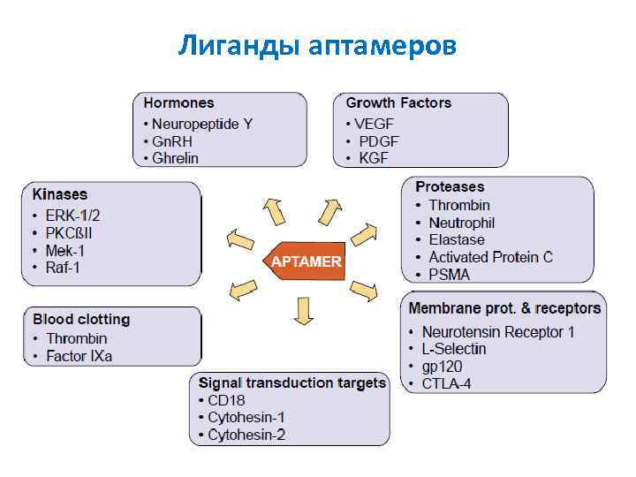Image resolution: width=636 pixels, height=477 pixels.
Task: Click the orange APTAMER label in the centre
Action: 306,262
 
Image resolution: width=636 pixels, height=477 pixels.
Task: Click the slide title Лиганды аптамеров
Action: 317,44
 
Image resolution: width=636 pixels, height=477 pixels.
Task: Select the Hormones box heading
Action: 179,103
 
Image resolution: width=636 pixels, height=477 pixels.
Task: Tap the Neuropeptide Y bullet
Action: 201,124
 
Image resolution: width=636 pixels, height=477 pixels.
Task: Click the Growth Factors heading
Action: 398,103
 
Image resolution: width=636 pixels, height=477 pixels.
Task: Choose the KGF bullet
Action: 373,158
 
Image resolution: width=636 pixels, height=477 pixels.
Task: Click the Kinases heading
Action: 60,194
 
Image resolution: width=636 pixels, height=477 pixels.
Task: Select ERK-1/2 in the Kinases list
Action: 74,216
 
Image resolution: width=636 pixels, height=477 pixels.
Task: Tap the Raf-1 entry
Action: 63,267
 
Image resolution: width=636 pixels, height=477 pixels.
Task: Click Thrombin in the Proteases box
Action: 459,205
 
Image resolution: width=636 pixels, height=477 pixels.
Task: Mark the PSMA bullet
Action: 450,274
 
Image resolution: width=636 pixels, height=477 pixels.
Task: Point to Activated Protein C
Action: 490,257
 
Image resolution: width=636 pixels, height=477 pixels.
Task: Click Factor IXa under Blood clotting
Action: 79,356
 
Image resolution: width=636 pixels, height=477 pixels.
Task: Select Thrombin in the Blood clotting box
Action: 77,338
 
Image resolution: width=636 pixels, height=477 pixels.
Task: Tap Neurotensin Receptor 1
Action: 498,332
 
